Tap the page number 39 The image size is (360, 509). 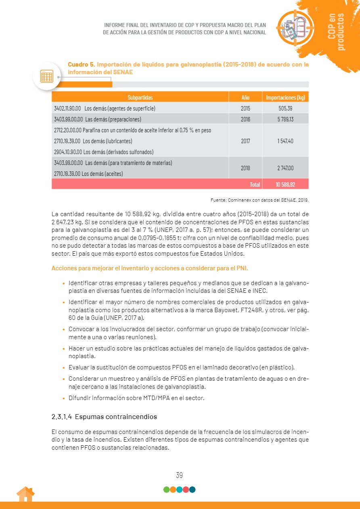(x=180, y=475)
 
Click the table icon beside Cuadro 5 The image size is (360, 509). (x=47, y=76)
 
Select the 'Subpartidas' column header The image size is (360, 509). (x=140, y=97)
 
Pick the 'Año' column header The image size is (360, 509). (x=245, y=97)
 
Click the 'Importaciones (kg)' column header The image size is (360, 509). (x=285, y=97)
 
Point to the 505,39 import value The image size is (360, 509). (x=285, y=108)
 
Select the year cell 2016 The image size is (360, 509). (x=245, y=119)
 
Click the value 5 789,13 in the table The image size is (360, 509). (x=285, y=119)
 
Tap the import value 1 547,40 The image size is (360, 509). (x=285, y=141)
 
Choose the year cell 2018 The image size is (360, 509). (x=245, y=168)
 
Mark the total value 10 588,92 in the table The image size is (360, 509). (x=285, y=184)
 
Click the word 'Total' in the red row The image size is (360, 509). (x=255, y=184)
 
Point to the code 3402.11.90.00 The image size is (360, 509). (x=67, y=108)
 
